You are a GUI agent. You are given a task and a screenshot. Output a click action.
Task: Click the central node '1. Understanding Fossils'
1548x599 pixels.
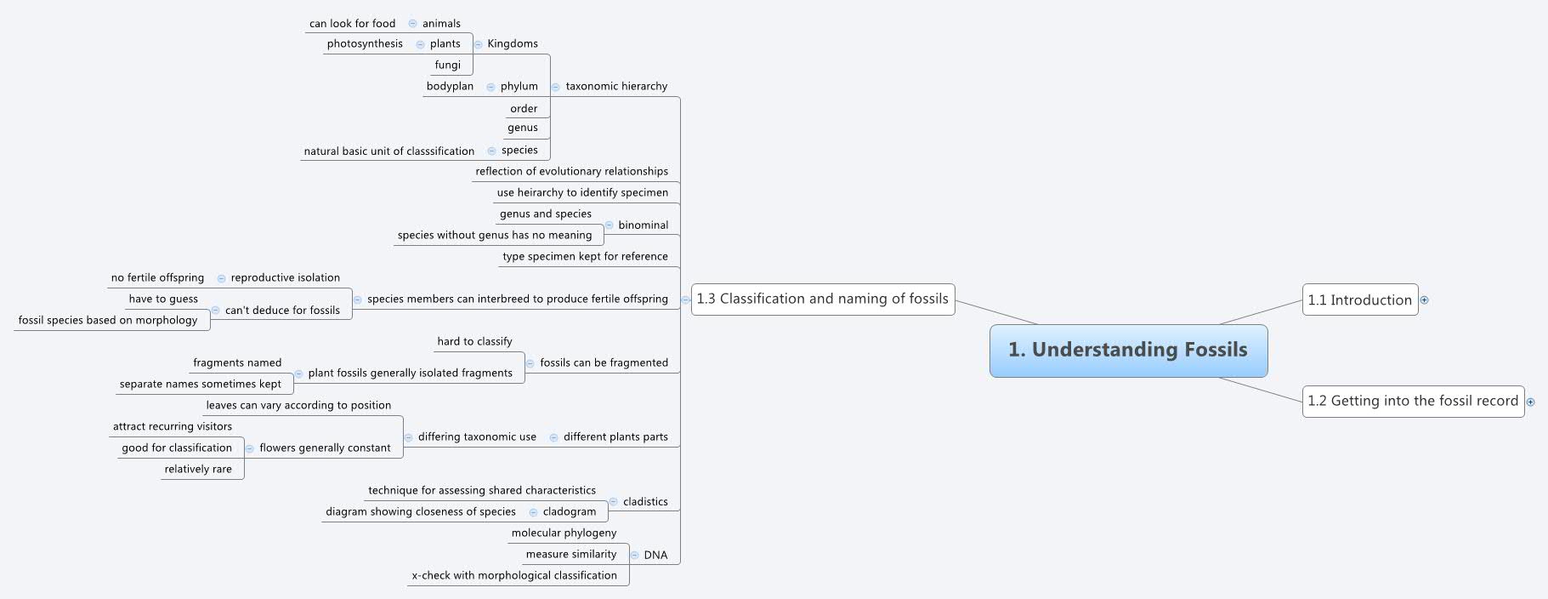click(1128, 351)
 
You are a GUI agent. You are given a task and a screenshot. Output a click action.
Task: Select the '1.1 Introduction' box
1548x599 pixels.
click(1360, 299)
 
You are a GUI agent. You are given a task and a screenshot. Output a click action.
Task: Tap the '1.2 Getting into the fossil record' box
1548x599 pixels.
click(1413, 401)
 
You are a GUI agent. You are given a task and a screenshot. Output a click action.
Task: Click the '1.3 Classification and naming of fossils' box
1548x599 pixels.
click(823, 299)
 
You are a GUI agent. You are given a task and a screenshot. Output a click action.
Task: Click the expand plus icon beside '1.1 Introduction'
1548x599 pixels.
click(1425, 299)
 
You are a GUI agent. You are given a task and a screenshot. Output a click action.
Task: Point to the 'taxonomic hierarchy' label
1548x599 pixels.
click(616, 86)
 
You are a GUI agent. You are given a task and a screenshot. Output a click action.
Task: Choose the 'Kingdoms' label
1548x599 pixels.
click(513, 43)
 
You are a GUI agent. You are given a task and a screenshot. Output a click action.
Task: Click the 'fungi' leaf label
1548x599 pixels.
click(448, 65)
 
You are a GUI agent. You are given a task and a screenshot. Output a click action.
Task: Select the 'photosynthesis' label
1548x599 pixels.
click(365, 43)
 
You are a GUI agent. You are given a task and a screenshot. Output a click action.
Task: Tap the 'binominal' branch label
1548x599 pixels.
click(643, 225)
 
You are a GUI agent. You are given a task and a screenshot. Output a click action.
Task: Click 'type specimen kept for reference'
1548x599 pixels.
click(585, 256)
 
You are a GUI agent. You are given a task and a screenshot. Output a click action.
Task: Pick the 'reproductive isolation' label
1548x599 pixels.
click(286, 277)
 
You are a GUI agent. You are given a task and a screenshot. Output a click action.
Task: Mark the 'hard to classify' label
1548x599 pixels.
click(474, 341)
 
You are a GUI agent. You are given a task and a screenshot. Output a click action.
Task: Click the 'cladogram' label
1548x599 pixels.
click(570, 511)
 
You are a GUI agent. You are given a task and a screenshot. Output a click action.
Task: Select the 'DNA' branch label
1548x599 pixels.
click(655, 555)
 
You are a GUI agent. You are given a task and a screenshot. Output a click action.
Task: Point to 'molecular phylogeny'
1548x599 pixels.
click(564, 533)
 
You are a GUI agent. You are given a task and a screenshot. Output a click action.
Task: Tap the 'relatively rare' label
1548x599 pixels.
click(198, 469)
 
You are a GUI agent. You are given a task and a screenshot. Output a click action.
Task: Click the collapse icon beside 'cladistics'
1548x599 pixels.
click(613, 502)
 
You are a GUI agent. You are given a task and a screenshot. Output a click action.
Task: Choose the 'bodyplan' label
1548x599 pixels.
click(450, 86)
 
